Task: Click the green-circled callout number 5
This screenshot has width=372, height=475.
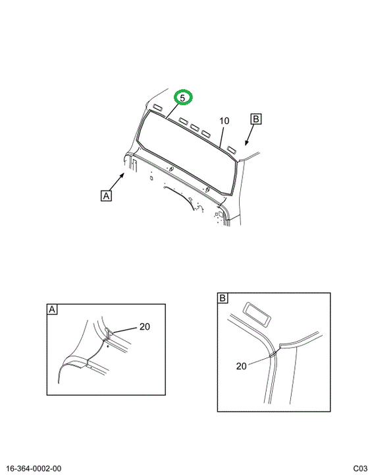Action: [x=182, y=98]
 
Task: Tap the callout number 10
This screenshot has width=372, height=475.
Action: [x=224, y=121]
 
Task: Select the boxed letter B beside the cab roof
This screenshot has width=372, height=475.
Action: [x=256, y=119]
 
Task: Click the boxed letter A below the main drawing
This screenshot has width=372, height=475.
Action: [x=106, y=196]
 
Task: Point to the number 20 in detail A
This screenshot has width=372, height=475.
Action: [x=145, y=327]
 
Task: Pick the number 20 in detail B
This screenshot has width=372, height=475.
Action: [x=242, y=366]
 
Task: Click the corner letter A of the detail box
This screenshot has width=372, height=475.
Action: [x=52, y=309]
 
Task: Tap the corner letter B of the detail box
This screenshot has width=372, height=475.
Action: [x=223, y=298]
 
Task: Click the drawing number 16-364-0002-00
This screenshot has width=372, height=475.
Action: [x=34, y=468]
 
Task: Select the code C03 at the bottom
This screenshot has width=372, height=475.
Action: [x=360, y=468]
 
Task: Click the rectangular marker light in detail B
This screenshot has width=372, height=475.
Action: [x=257, y=315]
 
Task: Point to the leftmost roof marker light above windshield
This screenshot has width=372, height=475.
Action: [x=157, y=108]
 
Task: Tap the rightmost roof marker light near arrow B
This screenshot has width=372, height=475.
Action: [x=231, y=149]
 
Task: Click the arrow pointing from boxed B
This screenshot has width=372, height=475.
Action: [x=250, y=135]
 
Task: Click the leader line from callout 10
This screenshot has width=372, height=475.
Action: [x=222, y=137]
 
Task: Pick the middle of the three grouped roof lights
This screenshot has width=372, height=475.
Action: [x=194, y=127]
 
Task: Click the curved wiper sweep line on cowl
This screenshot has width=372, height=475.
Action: [x=180, y=197]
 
